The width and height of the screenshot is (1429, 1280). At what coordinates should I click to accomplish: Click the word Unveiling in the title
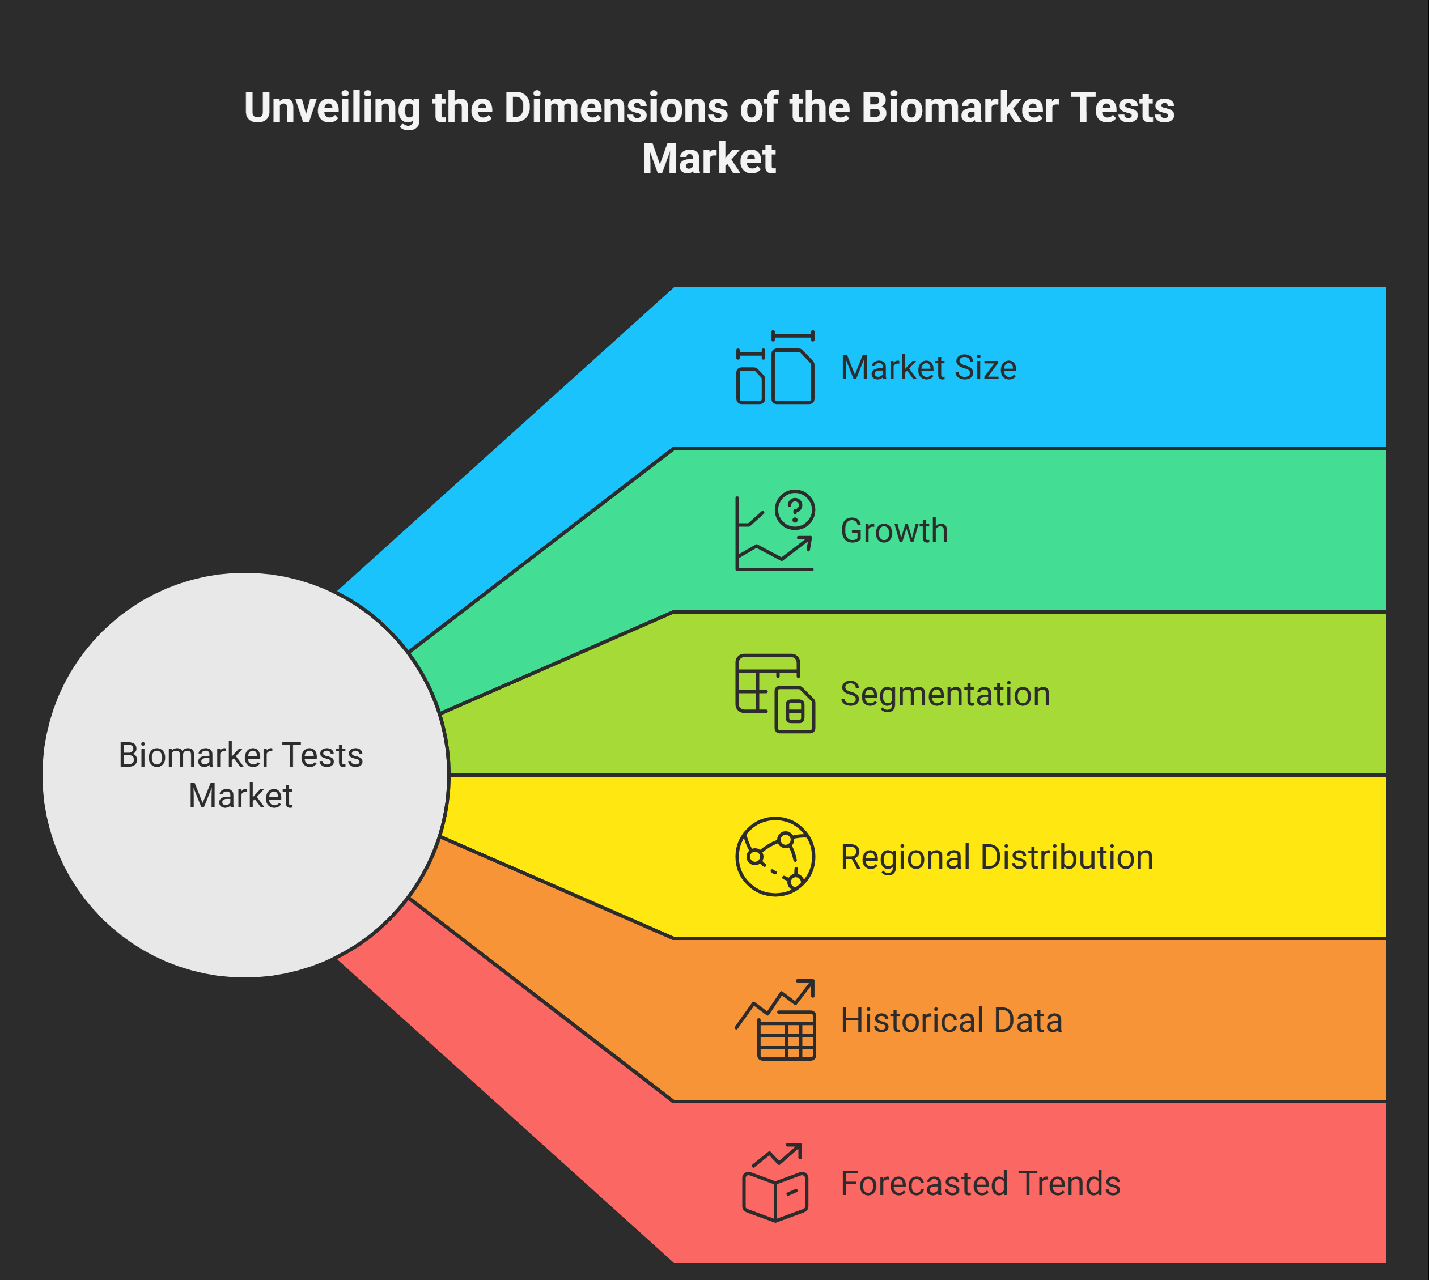(332, 108)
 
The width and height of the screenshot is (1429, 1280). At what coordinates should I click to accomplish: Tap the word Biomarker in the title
(960, 108)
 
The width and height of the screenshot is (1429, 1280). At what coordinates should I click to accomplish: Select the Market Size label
(928, 368)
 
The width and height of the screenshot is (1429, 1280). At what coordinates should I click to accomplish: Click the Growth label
(893, 531)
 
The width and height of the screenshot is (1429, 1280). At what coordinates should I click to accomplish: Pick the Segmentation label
(945, 694)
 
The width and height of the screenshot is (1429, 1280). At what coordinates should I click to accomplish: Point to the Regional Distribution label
(997, 857)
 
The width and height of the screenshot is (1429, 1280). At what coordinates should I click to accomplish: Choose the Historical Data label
(951, 1020)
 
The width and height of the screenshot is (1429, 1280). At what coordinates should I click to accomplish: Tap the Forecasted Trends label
(980, 1184)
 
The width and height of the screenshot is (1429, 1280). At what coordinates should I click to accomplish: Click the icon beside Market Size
(775, 368)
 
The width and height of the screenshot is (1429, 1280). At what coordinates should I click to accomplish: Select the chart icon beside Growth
(774, 531)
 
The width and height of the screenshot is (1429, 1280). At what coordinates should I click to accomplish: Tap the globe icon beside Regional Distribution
(775, 857)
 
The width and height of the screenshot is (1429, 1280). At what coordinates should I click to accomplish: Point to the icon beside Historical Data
(775, 1020)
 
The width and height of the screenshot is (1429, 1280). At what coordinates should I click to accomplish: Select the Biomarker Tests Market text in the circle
(241, 775)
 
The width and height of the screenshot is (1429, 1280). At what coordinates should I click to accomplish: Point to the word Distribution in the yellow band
(1066, 857)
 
